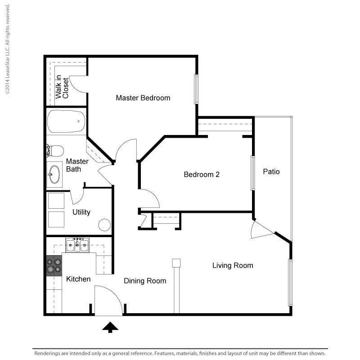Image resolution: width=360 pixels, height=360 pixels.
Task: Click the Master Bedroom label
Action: point(143,98)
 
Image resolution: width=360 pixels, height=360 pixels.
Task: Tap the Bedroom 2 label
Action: point(202,175)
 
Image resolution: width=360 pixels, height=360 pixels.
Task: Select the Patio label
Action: point(271,171)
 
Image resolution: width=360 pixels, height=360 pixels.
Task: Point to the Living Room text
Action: point(233,265)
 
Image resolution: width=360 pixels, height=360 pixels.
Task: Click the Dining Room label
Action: point(145,281)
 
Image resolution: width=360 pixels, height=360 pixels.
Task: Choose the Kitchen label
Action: point(78,279)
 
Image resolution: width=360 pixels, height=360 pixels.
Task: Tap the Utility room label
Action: point(81,212)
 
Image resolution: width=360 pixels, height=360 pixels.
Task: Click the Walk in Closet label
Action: point(62,87)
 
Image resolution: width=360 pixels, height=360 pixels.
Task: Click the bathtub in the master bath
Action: point(66,121)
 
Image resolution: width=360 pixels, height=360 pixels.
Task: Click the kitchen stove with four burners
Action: point(54,265)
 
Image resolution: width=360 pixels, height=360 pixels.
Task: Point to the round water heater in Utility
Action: point(104,225)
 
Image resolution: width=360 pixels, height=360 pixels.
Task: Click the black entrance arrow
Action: point(110,327)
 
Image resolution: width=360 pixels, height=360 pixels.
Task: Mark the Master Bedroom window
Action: point(196,89)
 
